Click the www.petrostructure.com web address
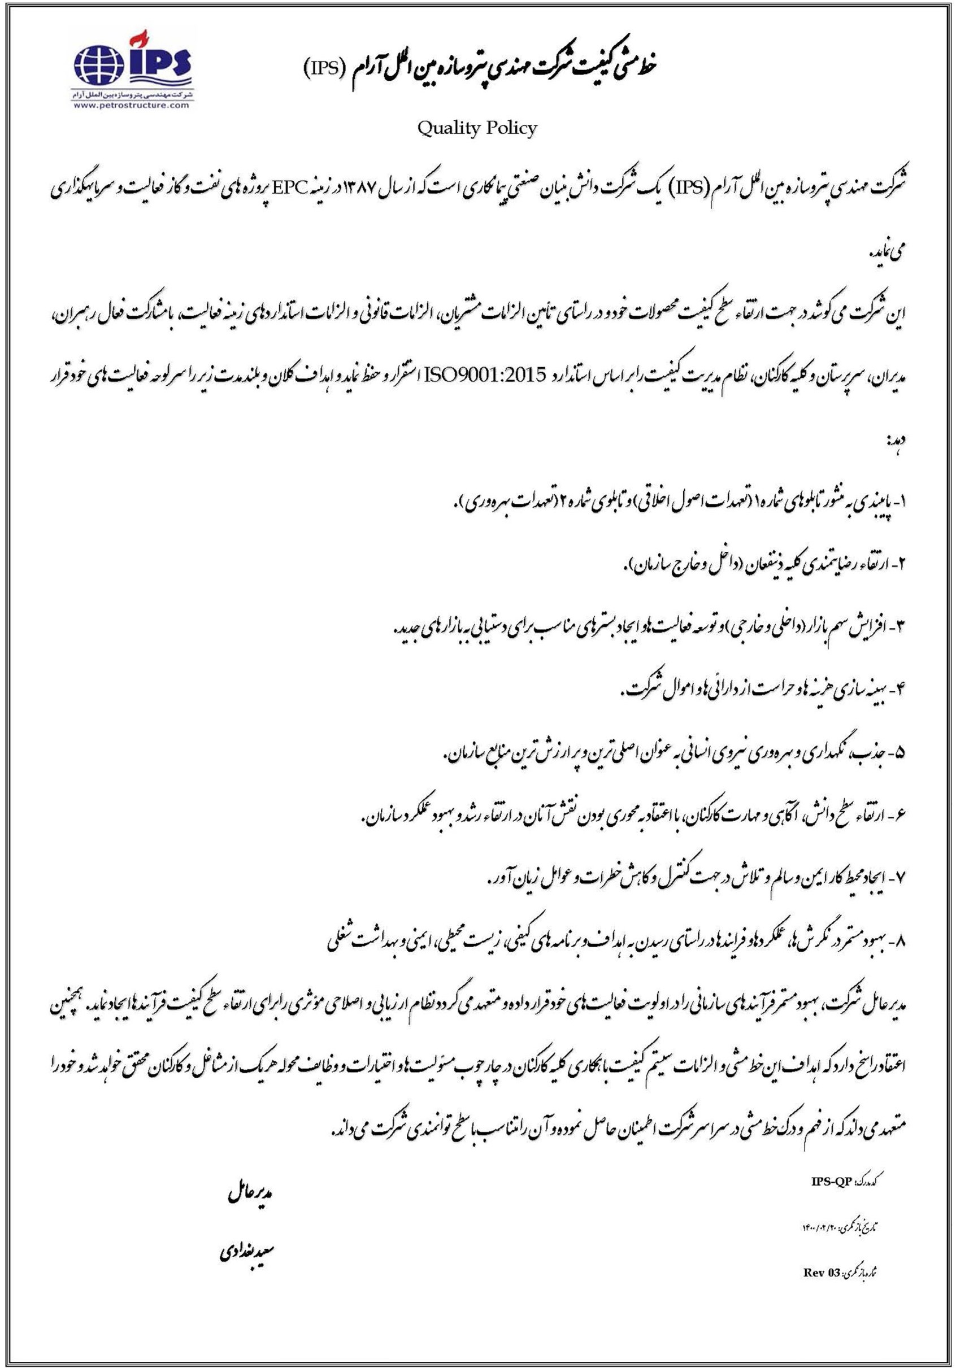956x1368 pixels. tap(132, 106)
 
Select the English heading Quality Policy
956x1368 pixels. tap(477, 128)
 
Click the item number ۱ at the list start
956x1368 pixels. tap(900, 499)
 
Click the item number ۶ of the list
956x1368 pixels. tap(900, 816)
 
